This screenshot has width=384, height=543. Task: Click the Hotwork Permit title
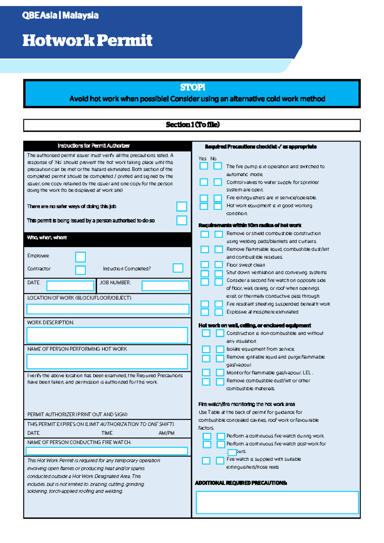tap(87, 40)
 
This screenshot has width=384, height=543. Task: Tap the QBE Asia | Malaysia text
tap(60, 15)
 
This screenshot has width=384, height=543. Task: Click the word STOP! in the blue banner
tap(192, 87)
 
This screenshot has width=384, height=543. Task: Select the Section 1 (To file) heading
tap(192, 125)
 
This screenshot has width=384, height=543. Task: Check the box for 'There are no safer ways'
tap(181, 207)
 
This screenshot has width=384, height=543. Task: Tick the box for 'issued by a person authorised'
tap(181, 220)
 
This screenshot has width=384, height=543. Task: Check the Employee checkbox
tap(80, 257)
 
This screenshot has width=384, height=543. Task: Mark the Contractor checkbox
tap(80, 270)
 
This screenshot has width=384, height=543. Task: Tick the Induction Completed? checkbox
tap(178, 268)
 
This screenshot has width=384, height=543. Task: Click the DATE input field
tap(70, 286)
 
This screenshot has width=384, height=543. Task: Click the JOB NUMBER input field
tap(165, 286)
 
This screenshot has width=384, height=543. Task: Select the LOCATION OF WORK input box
tap(108, 309)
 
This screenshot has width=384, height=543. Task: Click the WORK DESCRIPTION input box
tap(107, 335)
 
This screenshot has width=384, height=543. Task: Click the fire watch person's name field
tap(107, 451)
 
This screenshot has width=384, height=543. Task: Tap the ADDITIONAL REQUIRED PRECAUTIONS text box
tap(277, 502)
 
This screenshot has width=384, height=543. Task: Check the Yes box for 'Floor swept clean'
tap(205, 264)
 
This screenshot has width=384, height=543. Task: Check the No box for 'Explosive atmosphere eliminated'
tap(219, 312)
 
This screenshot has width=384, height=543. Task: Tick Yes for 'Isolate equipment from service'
tap(206, 349)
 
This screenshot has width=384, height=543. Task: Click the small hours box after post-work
tap(232, 452)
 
